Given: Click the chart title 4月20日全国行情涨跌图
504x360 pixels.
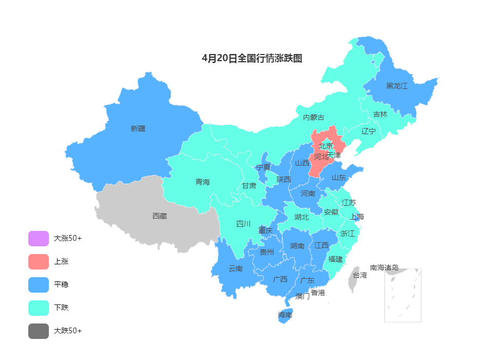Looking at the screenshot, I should tap(252, 59).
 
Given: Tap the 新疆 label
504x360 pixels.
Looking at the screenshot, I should tap(138, 129).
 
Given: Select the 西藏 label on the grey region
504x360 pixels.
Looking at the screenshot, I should tap(159, 216).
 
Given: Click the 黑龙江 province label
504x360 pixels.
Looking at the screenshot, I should tap(397, 86).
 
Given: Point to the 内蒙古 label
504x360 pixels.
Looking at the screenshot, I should tap(313, 117).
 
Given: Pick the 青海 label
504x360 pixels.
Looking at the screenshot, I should tap(203, 182).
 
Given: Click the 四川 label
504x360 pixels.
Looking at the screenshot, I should tap(243, 224).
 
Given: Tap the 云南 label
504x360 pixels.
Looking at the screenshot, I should tap(236, 268).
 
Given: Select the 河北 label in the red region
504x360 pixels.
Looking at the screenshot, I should tap(321, 157).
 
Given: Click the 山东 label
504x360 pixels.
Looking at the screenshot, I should tap(338, 177).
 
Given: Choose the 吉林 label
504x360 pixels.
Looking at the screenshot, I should tap(380, 114).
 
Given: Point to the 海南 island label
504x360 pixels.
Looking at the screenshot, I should tap(285, 315).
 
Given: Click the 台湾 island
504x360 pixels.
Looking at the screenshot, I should tap(354, 278).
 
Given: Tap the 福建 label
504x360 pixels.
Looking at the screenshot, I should tap(335, 259).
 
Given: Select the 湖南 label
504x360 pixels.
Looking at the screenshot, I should tap(297, 246).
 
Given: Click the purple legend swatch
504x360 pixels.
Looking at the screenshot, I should tap(39, 239).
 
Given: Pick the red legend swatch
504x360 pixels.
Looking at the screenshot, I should tap(39, 262).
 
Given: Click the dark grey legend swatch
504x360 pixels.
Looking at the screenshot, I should tap(39, 331).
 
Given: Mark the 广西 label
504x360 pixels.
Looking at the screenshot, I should tap(280, 279).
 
